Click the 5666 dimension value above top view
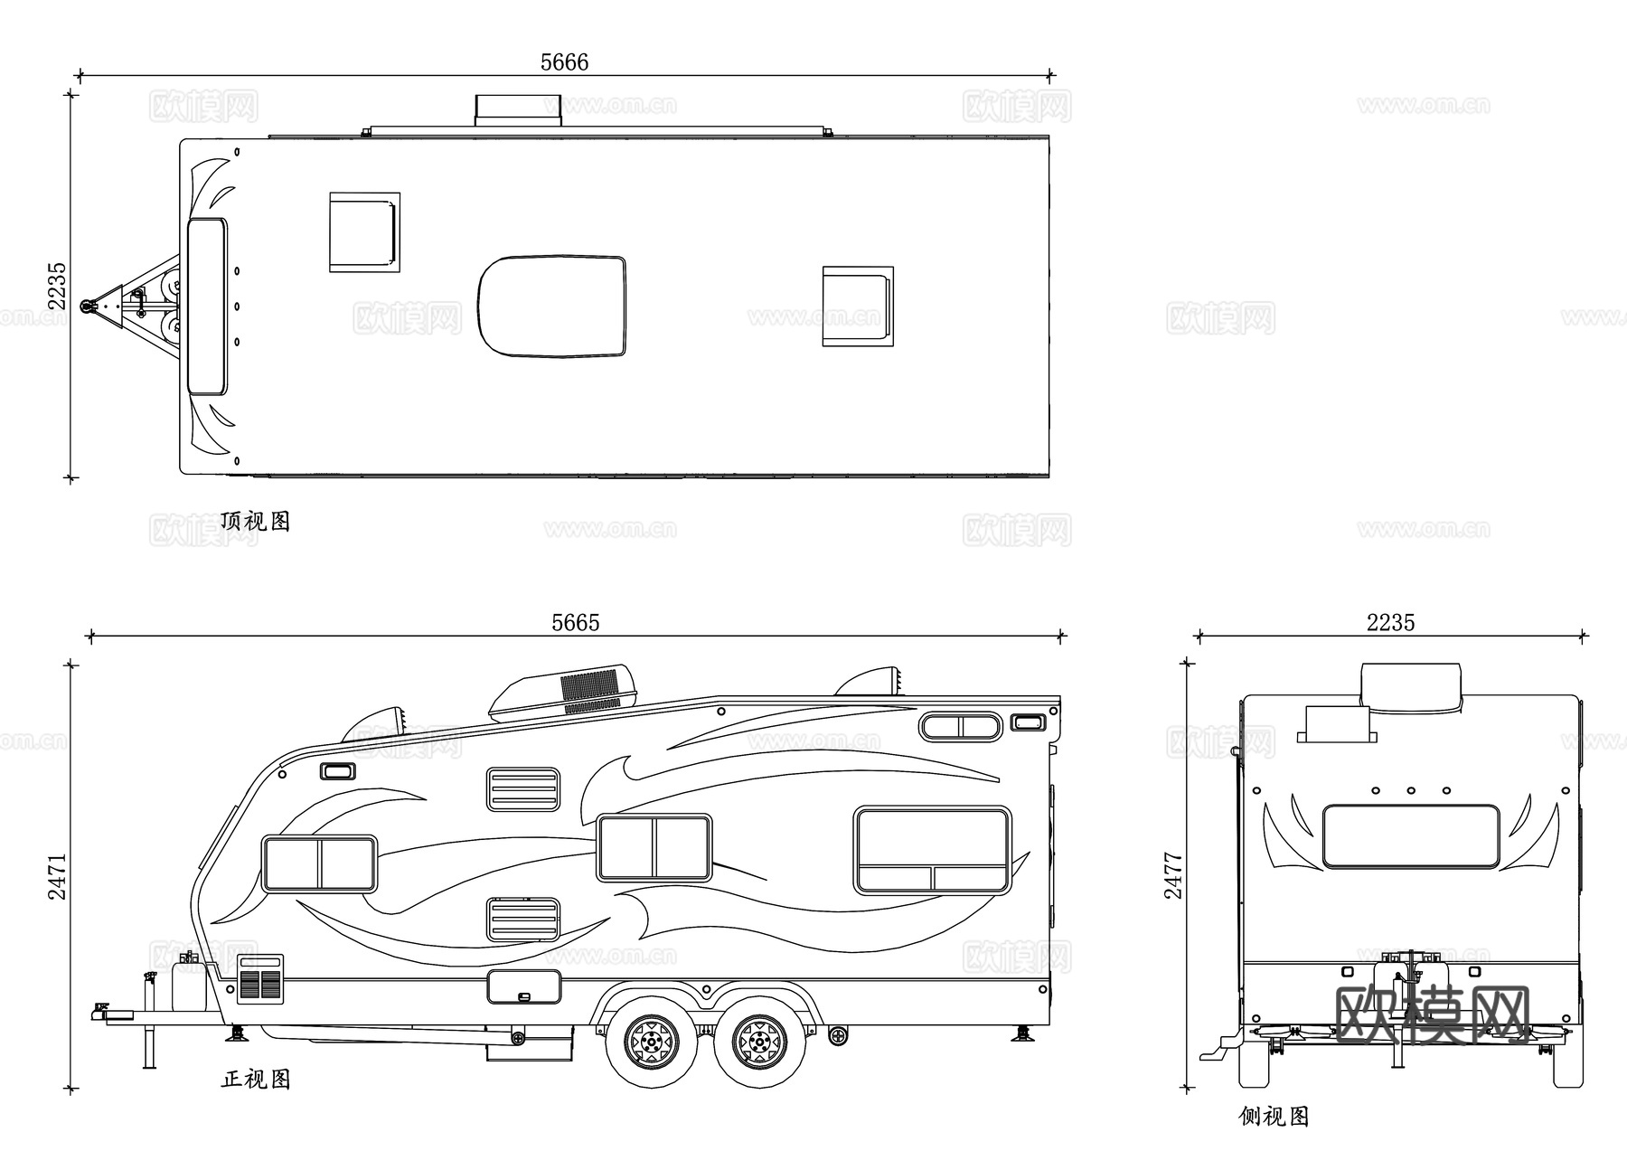564,62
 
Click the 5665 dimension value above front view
576,623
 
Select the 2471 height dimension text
57,876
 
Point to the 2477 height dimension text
1173,875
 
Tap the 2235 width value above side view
1390,623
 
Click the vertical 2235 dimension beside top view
57,286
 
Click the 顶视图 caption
256,522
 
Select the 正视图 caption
256,1079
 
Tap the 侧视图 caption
1274,1117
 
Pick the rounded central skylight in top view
551,306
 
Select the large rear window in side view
1410,836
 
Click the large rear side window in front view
932,850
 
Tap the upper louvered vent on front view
523,789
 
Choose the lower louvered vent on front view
523,920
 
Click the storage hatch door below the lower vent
523,987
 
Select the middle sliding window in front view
654,847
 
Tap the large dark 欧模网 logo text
1432,1015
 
